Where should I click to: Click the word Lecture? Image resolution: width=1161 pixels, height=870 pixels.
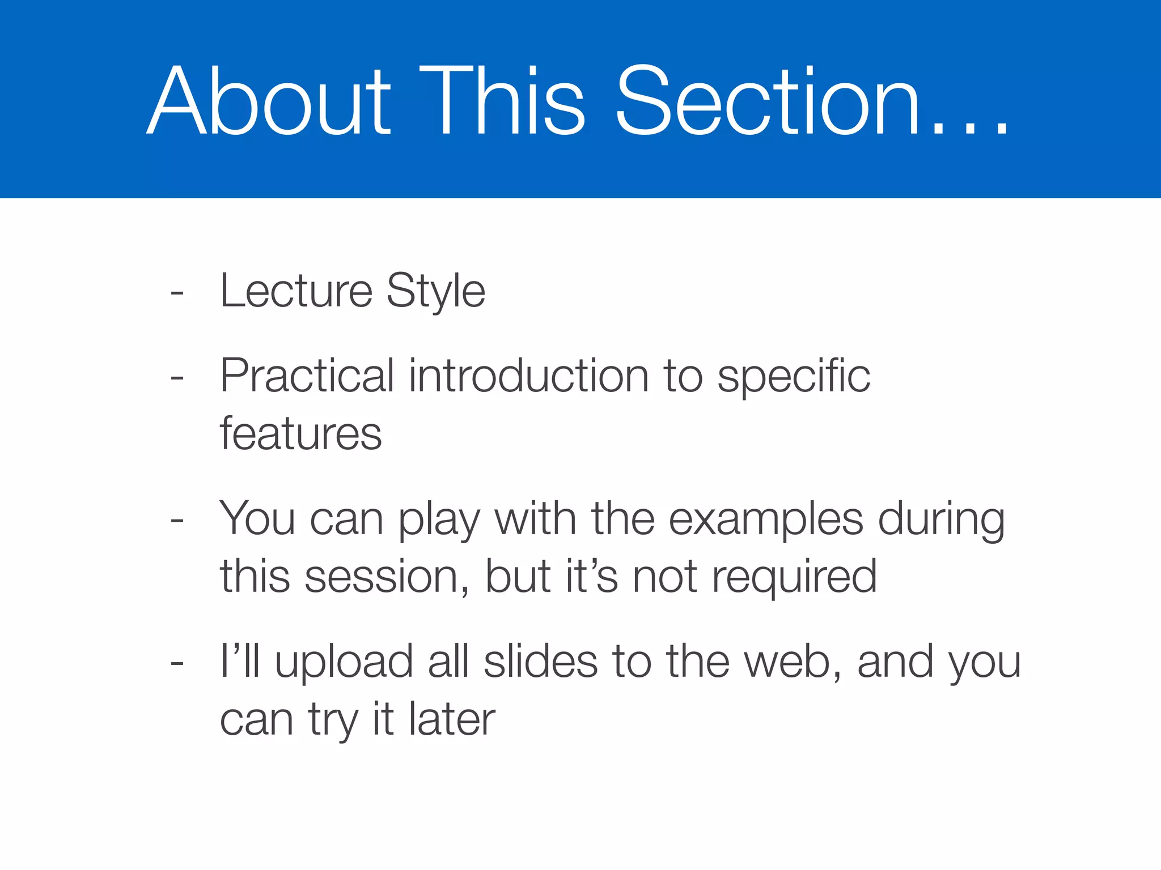coord(296,291)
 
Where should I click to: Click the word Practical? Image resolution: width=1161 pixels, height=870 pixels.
coord(307,376)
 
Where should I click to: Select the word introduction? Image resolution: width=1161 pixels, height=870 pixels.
coord(528,376)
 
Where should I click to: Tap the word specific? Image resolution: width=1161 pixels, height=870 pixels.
coord(794,377)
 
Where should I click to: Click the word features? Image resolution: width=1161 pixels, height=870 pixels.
coord(300,434)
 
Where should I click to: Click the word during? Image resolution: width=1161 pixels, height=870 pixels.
coord(942,520)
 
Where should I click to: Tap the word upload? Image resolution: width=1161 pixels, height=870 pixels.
coord(344,663)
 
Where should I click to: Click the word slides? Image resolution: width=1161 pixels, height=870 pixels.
coord(540,662)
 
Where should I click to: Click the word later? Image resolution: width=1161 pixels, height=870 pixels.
coord(452,719)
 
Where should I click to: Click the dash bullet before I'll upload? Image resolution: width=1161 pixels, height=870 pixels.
coord(177,663)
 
